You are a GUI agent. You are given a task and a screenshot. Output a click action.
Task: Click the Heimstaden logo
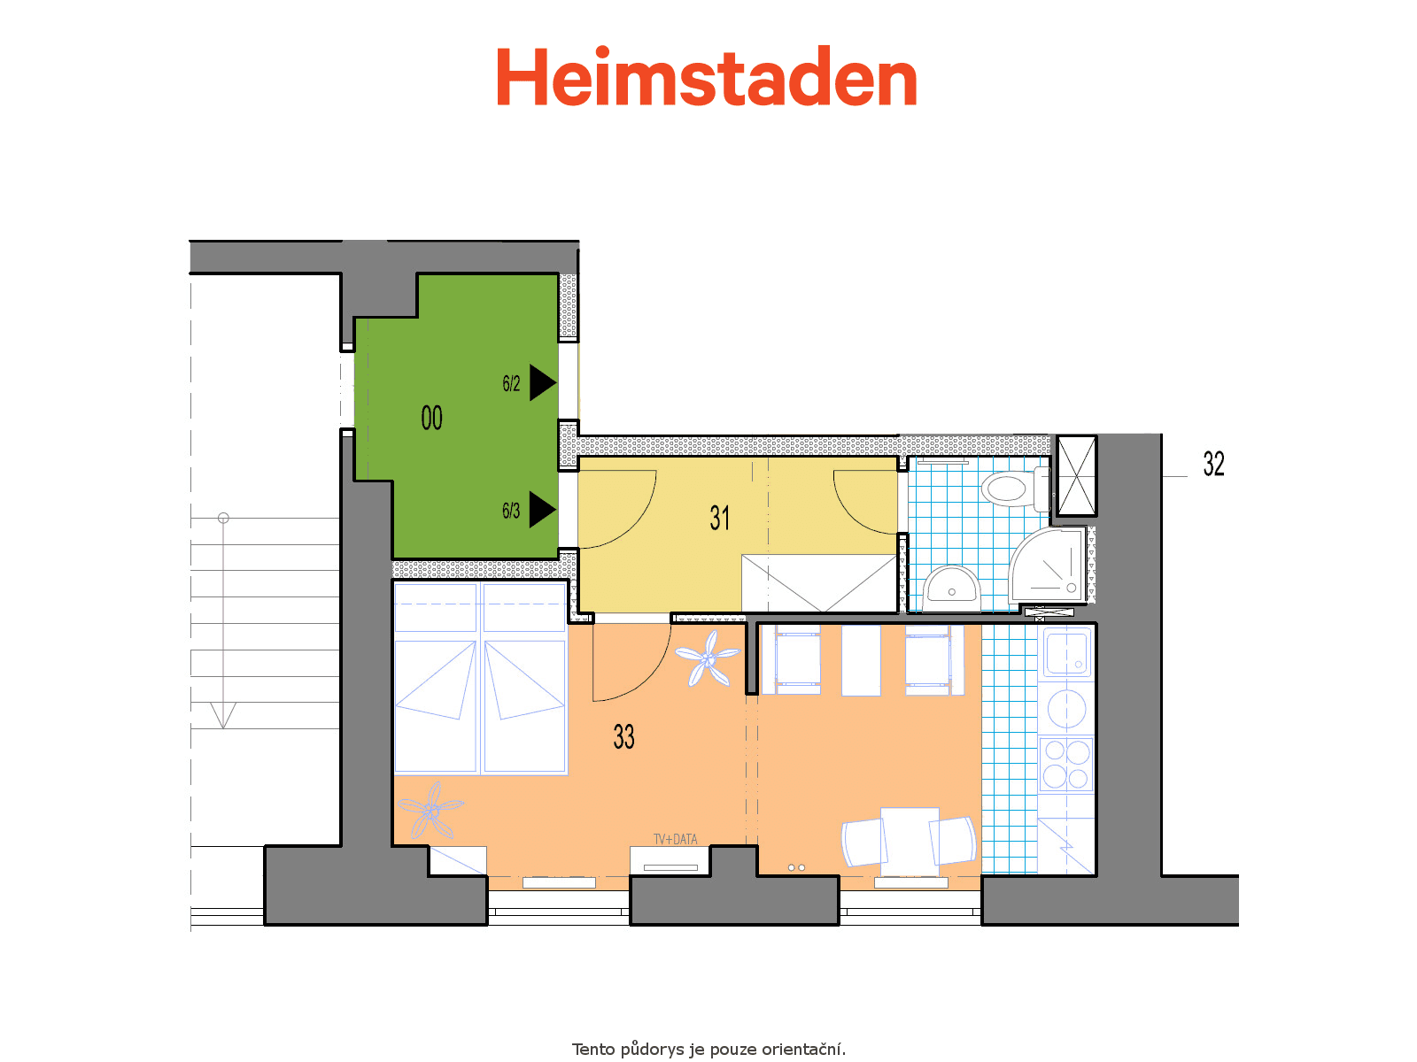pyautogui.click(x=706, y=76)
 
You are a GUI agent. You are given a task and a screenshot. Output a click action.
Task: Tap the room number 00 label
pyautogui.click(x=432, y=418)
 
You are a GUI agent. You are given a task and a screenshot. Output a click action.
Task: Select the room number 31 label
pyautogui.click(x=720, y=518)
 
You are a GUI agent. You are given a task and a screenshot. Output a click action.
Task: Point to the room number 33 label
pyautogui.click(x=623, y=736)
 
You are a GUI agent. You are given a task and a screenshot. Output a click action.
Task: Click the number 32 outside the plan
pyautogui.click(x=1213, y=464)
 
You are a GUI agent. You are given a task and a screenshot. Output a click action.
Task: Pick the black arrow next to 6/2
pyautogui.click(x=543, y=382)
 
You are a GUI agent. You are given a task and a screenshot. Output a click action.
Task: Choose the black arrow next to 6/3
pyautogui.click(x=543, y=510)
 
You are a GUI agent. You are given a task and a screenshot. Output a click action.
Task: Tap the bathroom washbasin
pyautogui.click(x=951, y=588)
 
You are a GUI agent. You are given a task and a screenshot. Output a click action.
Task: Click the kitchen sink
pyautogui.click(x=1066, y=653)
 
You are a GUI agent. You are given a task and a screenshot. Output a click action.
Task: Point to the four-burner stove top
pyautogui.click(x=1066, y=764)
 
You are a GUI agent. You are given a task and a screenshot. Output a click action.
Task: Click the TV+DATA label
pyautogui.click(x=675, y=839)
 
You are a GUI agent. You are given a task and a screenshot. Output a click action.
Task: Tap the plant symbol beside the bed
pyautogui.click(x=430, y=810)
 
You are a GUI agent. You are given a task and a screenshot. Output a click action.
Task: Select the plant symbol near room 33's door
pyautogui.click(x=708, y=658)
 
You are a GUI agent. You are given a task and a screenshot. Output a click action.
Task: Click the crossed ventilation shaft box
pyautogui.click(x=1076, y=476)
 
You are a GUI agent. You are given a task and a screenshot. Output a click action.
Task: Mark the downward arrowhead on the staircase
pyautogui.click(x=223, y=715)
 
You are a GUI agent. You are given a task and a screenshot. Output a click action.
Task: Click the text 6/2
pyautogui.click(x=511, y=384)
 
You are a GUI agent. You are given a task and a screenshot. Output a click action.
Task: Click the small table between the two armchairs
pyautogui.click(x=910, y=842)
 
